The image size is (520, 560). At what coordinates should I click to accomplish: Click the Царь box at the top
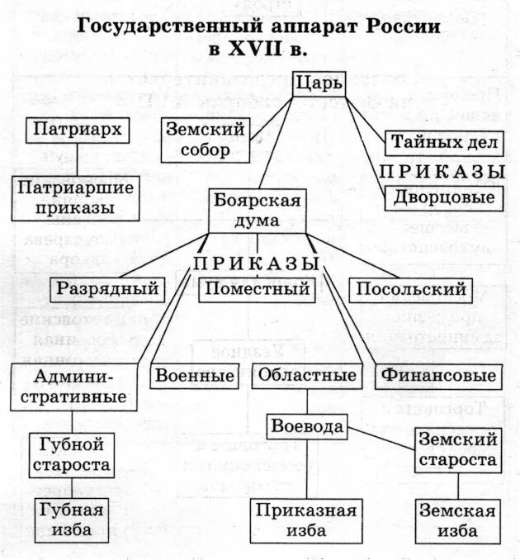(318, 83)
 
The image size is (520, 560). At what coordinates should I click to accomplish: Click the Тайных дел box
(443, 143)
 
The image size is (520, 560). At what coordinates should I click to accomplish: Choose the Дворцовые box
(443, 197)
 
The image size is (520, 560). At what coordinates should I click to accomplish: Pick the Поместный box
(256, 289)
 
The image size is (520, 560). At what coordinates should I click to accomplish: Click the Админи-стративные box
(74, 386)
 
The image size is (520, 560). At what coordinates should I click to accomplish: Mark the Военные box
(193, 375)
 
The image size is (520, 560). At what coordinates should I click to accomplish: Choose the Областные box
(307, 375)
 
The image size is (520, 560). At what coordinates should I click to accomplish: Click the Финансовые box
(438, 375)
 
